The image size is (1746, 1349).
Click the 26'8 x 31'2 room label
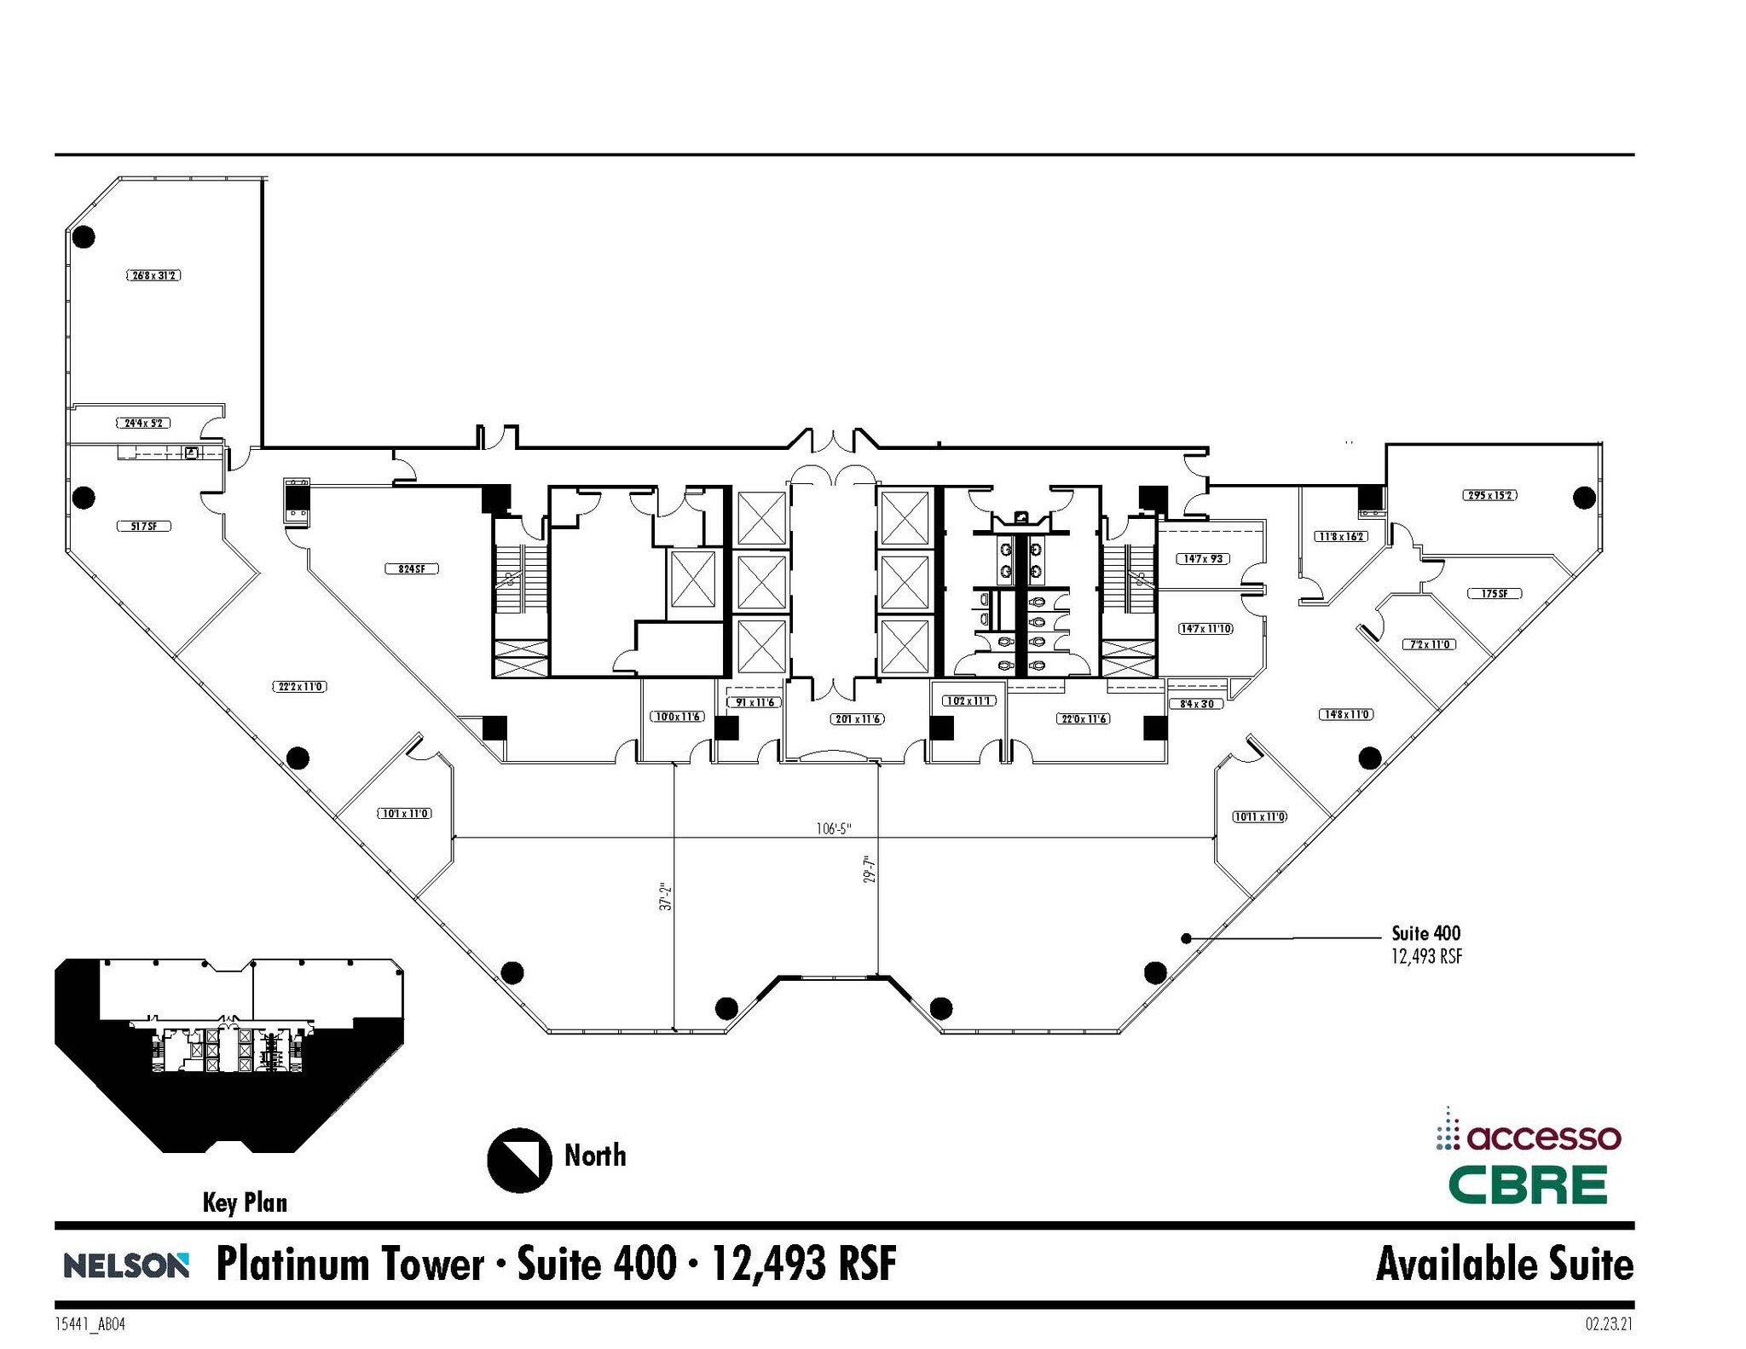154,275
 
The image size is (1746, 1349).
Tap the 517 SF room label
143,526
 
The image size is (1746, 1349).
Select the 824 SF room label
411,568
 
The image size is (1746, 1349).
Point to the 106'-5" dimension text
833,828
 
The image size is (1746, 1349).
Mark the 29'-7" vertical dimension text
870,875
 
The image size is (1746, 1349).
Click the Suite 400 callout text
1425,933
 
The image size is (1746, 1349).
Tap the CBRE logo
1528,1185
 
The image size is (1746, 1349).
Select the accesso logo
1528,1137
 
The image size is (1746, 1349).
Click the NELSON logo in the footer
125,1265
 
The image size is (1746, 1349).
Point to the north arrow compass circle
519,1159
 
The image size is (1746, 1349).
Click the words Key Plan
245,1202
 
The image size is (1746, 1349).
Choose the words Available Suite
1504,1264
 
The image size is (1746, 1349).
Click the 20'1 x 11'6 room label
858,719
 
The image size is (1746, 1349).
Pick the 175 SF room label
1495,593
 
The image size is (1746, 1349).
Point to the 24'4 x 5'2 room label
143,423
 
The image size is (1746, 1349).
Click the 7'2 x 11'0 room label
1430,644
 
